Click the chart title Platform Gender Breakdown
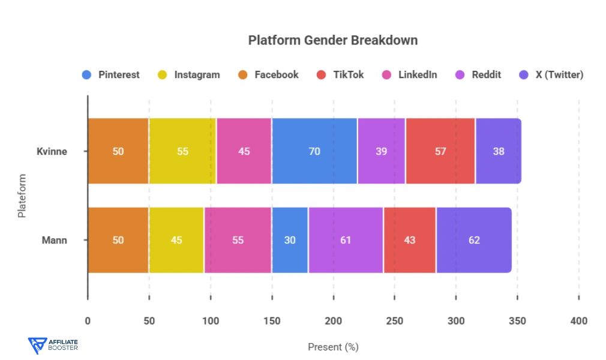tap(332, 41)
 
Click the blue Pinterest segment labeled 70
tap(314, 151)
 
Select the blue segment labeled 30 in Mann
tap(290, 240)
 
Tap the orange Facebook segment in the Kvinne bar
tap(118, 151)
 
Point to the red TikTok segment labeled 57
tap(440, 151)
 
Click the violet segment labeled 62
tap(473, 240)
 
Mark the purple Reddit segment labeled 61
tap(346, 240)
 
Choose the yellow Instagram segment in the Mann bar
tap(176, 240)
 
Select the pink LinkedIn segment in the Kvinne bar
tap(244, 151)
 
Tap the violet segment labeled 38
tap(498, 151)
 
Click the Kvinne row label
tap(52, 151)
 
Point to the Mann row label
tap(55, 240)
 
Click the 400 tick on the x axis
tap(578, 321)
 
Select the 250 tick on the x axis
tap(394, 321)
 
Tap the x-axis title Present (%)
tap(333, 347)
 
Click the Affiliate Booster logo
tap(53, 344)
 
